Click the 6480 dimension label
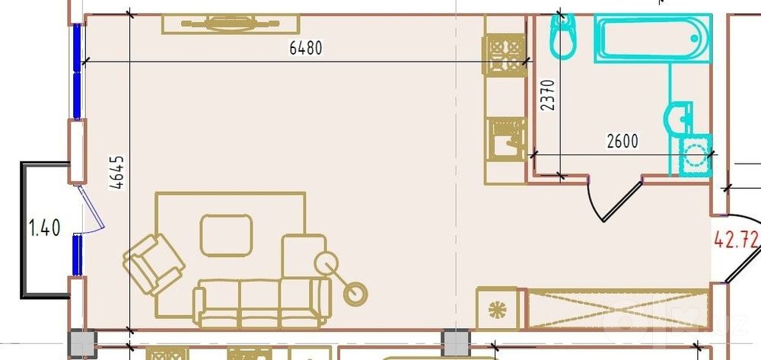tap(306, 48)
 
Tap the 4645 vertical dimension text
tap(117, 172)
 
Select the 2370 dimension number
tap(547, 95)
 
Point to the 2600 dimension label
tap(622, 142)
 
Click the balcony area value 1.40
tap(45, 228)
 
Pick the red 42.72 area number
tap(736, 239)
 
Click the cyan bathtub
tap(653, 38)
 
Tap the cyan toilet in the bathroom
tap(563, 36)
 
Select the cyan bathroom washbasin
tap(678, 117)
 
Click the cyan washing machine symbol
tap(695, 155)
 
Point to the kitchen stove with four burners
tap(505, 55)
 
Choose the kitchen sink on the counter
tap(506, 139)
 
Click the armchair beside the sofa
tap(154, 264)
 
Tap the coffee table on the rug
tap(226, 235)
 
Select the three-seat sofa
tap(262, 303)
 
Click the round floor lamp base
tap(355, 294)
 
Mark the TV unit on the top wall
tap(231, 24)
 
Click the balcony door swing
tap(91, 209)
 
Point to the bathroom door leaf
tap(623, 200)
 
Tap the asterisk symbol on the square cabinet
tap(498, 309)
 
